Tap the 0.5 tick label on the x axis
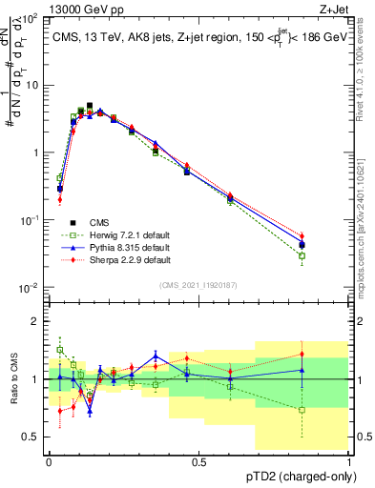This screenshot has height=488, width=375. click(198, 461)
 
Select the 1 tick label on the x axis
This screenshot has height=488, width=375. click(348, 461)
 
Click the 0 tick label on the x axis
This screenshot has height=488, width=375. click(49, 461)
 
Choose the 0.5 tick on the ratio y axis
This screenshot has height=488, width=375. click(31, 437)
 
